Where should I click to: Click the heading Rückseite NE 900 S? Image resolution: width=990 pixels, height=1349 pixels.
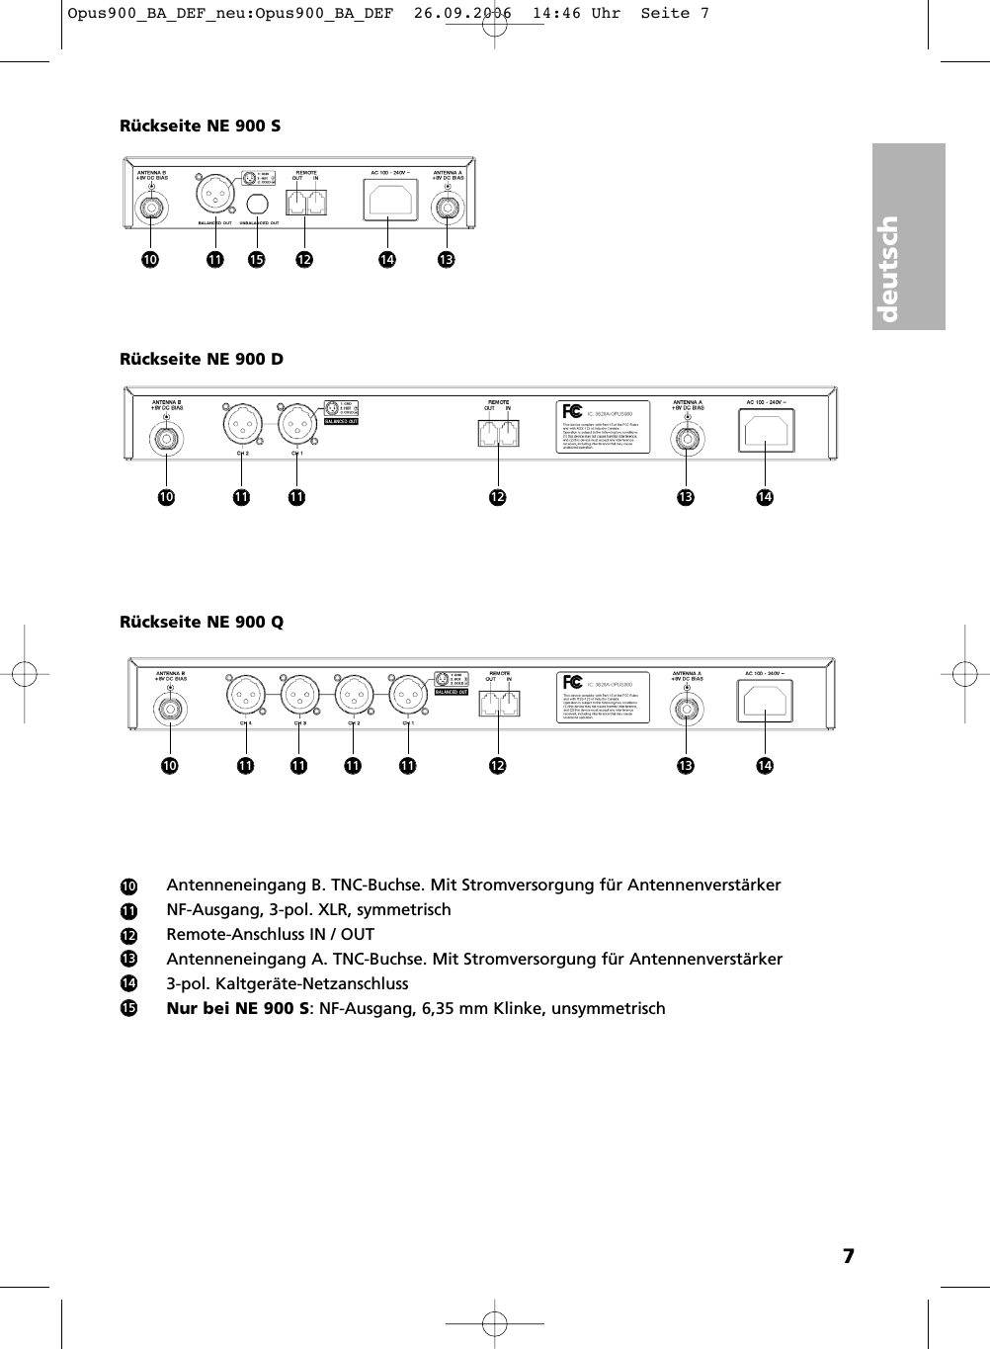point(200,126)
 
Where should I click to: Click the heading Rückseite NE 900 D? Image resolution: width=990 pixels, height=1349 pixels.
point(202,359)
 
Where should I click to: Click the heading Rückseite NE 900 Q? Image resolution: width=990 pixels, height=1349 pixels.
point(202,622)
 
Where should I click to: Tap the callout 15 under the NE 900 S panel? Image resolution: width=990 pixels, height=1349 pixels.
point(257,260)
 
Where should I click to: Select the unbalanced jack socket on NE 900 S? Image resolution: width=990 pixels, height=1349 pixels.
point(257,205)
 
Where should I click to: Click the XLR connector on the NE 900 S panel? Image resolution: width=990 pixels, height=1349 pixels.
point(213,194)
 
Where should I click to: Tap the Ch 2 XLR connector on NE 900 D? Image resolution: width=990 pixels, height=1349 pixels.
point(241,426)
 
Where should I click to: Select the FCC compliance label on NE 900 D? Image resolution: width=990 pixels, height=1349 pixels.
point(605,427)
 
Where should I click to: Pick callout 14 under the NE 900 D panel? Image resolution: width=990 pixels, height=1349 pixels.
point(765,497)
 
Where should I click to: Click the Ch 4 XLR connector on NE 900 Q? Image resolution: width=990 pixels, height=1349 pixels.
point(246,695)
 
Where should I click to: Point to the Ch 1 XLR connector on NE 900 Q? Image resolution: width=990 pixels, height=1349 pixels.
point(408,695)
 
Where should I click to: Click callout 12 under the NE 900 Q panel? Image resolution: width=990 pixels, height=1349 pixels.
point(497,766)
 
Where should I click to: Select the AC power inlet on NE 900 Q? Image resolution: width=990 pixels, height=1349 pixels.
point(765,701)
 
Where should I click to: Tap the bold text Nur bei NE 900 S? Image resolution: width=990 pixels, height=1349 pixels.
point(237,1009)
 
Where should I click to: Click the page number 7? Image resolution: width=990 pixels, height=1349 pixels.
point(848,1256)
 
